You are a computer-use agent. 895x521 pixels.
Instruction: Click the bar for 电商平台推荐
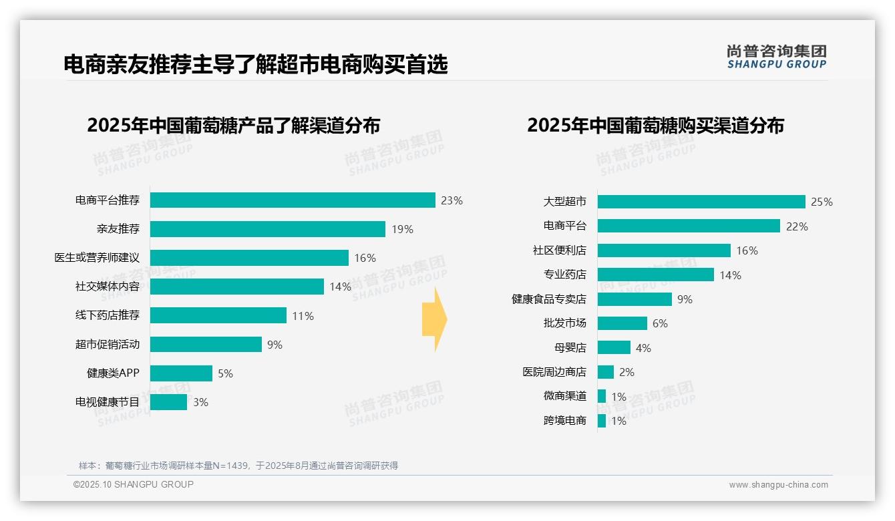click(293, 200)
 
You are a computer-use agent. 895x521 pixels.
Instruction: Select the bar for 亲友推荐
click(267, 229)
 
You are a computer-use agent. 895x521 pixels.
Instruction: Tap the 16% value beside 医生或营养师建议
click(365, 258)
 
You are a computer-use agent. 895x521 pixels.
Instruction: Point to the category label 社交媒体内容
click(107, 287)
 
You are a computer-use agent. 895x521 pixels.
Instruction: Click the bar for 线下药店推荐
click(218, 315)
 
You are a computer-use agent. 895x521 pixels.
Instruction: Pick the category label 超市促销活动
click(107, 345)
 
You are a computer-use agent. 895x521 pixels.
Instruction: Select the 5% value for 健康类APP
click(225, 373)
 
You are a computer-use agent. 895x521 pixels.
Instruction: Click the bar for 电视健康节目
click(168, 402)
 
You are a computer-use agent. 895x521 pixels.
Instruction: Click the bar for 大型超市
click(701, 202)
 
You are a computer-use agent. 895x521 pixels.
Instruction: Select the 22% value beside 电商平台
click(797, 226)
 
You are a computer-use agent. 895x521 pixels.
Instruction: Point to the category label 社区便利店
click(559, 250)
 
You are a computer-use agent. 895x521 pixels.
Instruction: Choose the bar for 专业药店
click(655, 275)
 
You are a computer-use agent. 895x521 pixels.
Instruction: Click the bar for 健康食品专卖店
click(635, 299)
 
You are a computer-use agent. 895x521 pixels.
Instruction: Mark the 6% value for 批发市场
click(660, 323)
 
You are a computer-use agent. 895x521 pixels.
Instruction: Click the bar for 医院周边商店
click(605, 372)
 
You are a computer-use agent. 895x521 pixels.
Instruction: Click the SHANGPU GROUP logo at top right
click(776, 57)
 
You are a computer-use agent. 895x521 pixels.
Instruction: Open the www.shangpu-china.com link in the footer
click(778, 485)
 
